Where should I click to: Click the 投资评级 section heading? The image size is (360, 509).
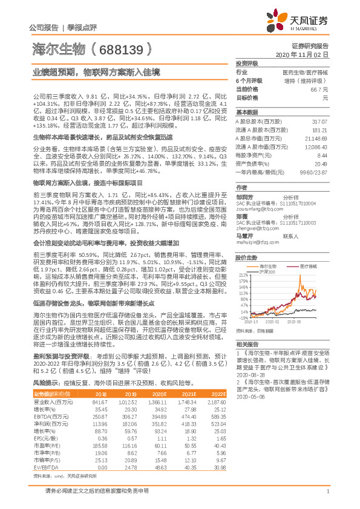(x=246, y=63)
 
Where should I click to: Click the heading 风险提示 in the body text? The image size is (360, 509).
(x=46, y=383)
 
